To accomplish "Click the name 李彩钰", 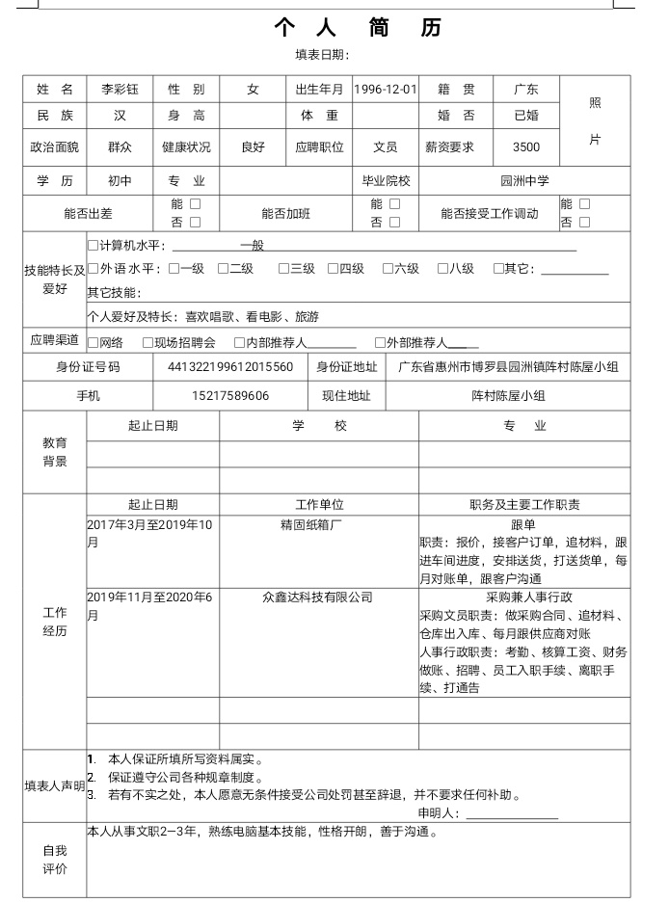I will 120,90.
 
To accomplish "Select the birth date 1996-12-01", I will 386,90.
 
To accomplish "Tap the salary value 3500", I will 526,147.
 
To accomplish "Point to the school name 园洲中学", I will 525,181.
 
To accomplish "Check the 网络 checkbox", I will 94,342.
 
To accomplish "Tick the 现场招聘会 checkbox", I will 147,342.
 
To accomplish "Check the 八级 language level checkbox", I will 443,269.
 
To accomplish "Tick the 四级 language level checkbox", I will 333,269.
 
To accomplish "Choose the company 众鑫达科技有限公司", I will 318,598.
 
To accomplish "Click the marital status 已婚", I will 526,116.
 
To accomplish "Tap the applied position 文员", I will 386,147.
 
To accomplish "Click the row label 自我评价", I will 55,860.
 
